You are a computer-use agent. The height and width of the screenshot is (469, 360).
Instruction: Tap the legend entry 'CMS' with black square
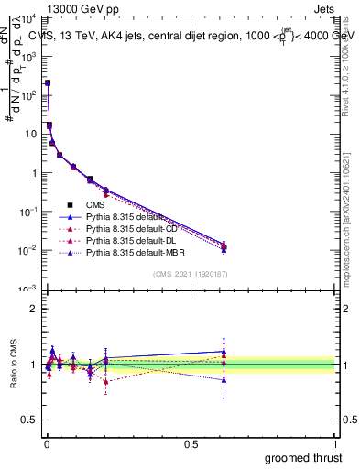tap(94, 205)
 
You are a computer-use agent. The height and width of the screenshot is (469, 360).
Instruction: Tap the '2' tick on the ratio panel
tap(34, 309)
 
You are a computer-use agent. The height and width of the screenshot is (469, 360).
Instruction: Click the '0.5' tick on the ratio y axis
tap(29, 421)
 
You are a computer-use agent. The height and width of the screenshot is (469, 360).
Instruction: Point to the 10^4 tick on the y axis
tap(27, 17)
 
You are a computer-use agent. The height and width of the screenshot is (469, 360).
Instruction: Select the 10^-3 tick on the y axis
tap(27, 289)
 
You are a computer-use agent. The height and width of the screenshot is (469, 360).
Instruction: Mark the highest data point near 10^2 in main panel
tap(48, 82)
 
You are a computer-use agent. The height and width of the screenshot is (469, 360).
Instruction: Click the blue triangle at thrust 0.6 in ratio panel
tap(224, 351)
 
